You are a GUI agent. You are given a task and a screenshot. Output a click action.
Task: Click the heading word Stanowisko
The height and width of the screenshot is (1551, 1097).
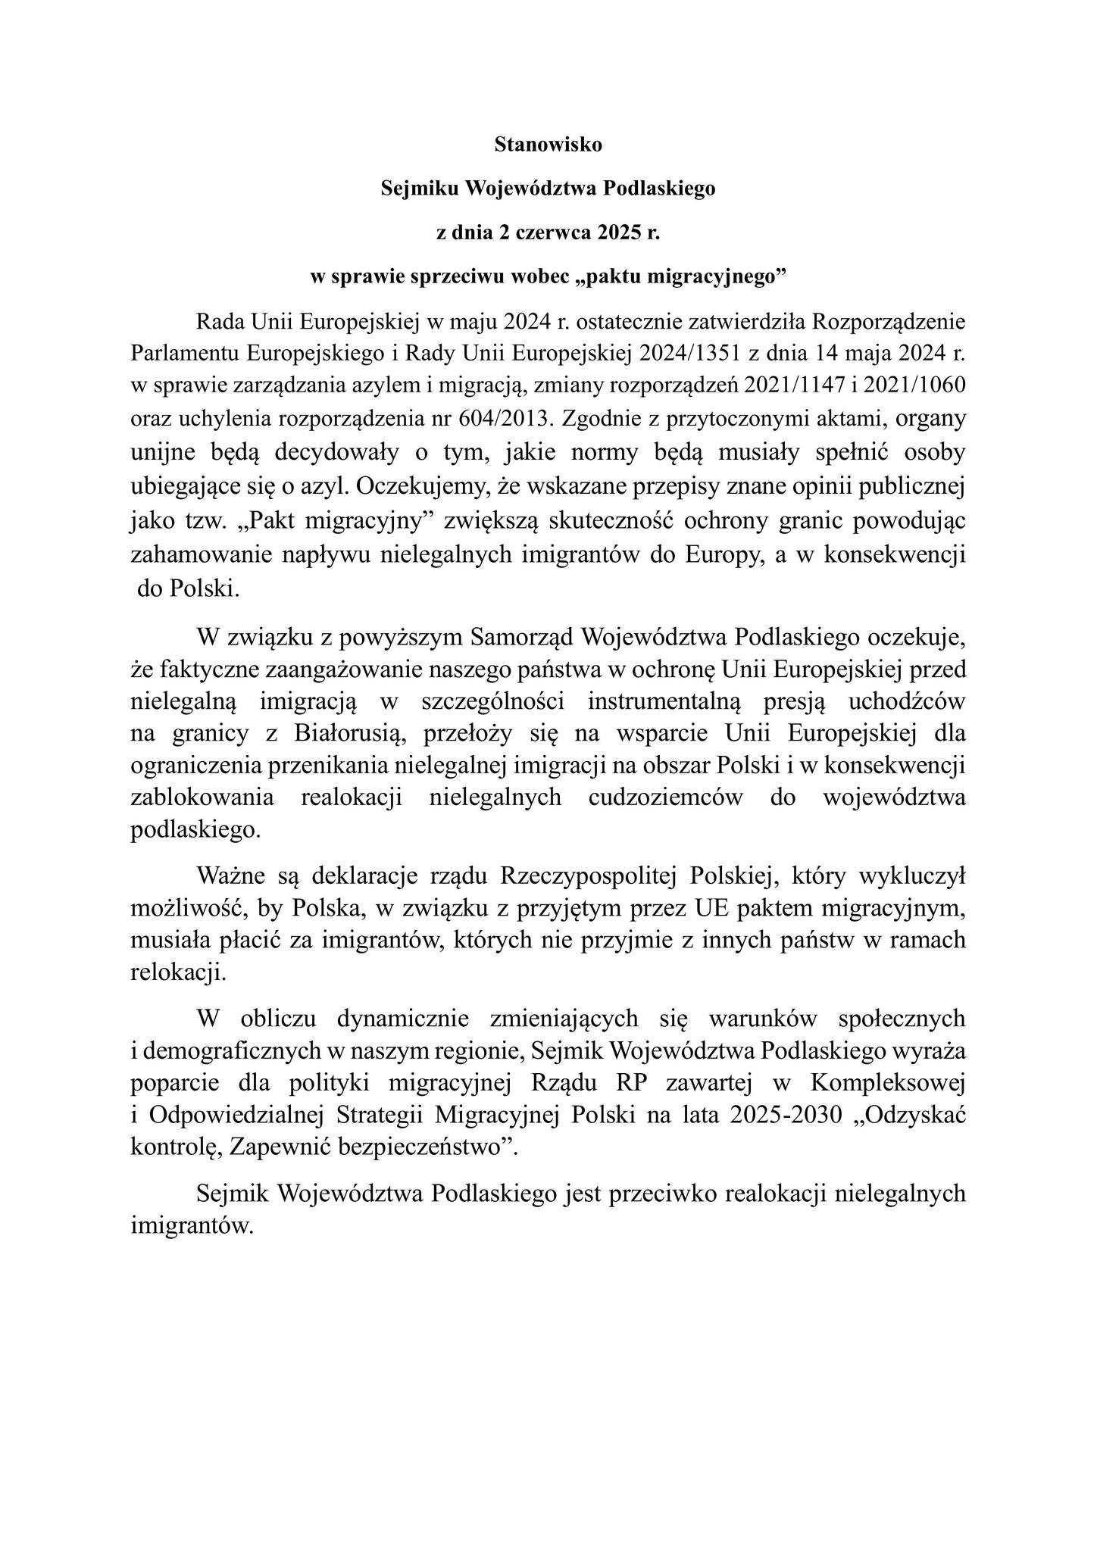(x=548, y=145)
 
